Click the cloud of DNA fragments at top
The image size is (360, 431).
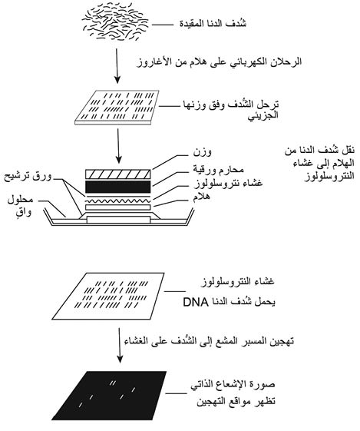point(115,22)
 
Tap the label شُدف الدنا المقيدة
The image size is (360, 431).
point(213,24)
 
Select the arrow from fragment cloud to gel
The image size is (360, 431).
point(117,66)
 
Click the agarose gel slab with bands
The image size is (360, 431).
point(117,108)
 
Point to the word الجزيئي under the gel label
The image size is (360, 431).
point(263,116)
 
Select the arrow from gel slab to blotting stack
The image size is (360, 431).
point(118,146)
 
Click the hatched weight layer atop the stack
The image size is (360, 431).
point(117,174)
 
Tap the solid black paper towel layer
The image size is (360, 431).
point(117,187)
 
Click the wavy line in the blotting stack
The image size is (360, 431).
point(117,201)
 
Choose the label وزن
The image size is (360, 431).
point(203,152)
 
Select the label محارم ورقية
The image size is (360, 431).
point(218,170)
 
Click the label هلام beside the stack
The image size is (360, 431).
point(202,197)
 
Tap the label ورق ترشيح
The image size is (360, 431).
point(28,177)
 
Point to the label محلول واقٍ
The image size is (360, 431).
point(20,206)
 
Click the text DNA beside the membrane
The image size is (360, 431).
point(196,302)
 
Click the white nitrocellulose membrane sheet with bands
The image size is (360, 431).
point(108,297)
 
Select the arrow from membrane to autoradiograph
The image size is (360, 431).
point(120,345)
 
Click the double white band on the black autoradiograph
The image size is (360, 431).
point(112,383)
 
